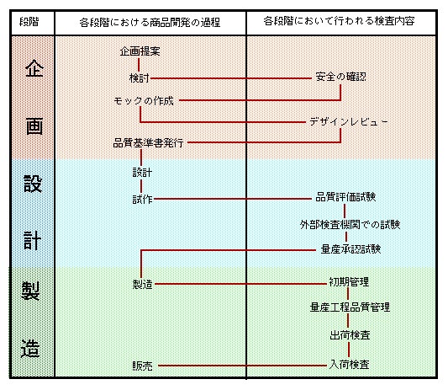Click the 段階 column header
29,22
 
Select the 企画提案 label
140,51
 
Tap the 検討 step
140,77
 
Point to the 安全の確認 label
340,77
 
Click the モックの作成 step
144,101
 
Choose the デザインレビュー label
349,122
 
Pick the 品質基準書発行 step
148,143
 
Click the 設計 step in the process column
142,173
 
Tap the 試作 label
142,200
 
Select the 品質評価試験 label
345,197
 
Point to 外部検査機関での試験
350,225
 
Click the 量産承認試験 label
350,249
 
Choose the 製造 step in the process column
142,285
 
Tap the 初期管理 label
349,282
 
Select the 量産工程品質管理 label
350,307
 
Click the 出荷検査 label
350,335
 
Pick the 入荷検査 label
349,365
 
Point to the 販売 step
142,366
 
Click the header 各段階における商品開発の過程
150,23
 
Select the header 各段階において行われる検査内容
339,21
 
